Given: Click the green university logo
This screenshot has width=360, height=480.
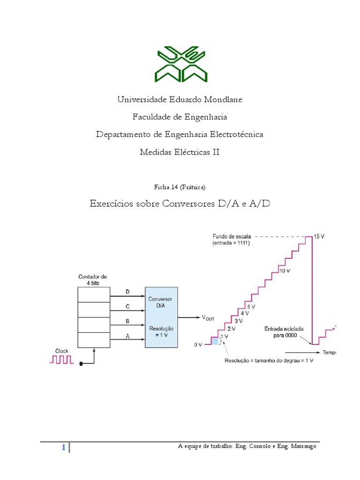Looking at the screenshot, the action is (180, 64).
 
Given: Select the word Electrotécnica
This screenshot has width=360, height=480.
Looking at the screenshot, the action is (233, 135).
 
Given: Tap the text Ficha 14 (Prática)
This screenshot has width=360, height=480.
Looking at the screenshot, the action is (180, 187).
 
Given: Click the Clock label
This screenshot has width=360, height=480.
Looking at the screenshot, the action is (62, 350).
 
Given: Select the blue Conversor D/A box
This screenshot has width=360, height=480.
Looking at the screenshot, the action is (162, 317).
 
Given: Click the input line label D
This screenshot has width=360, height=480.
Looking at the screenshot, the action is (127, 292).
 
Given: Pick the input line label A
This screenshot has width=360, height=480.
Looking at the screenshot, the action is (127, 336).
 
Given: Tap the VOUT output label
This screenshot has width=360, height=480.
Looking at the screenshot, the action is (208, 318).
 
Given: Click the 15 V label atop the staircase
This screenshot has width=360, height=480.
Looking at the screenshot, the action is (319, 237).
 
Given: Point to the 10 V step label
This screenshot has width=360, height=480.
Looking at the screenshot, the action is (285, 271).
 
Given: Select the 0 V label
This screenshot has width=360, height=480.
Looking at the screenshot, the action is (198, 345).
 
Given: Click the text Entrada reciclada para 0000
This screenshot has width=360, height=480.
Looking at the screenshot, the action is (285, 332).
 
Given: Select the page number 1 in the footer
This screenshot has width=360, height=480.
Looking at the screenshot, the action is (63, 448).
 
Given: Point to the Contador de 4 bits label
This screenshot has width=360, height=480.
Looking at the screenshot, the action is (92, 280).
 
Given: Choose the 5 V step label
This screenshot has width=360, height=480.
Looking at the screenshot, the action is (251, 306).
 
